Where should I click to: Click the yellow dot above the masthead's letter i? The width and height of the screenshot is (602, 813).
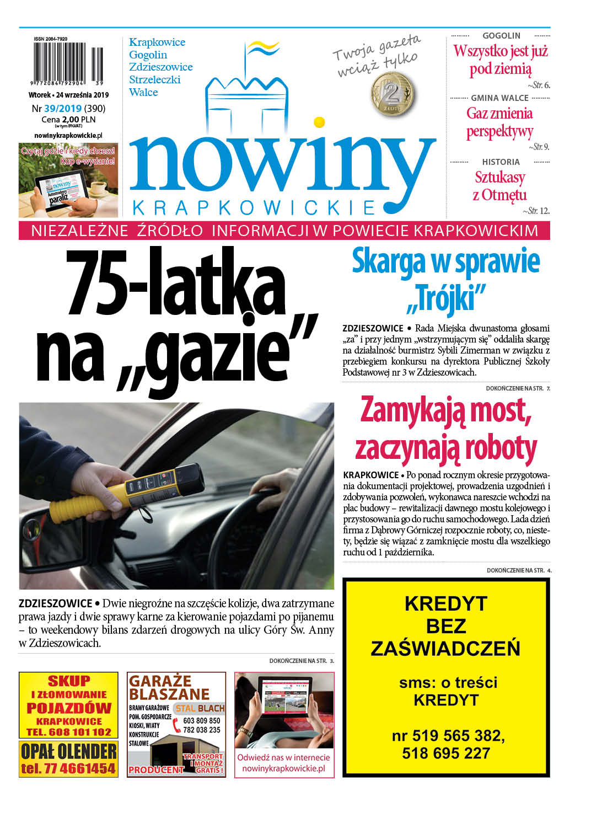319,122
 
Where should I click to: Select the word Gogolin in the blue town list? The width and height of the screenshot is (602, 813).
148,55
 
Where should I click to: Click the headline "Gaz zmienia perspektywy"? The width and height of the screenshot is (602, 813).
499,122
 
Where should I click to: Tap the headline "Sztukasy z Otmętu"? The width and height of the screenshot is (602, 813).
499,186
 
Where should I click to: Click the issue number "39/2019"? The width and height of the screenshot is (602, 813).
63,109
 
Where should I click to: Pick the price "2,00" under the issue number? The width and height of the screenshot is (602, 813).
71,119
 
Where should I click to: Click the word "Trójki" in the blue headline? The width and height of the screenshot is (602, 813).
446,298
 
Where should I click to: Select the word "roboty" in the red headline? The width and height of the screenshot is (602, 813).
501,448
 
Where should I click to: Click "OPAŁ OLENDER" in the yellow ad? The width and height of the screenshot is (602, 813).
68,751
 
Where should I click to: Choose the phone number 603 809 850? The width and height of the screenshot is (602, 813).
201,720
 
